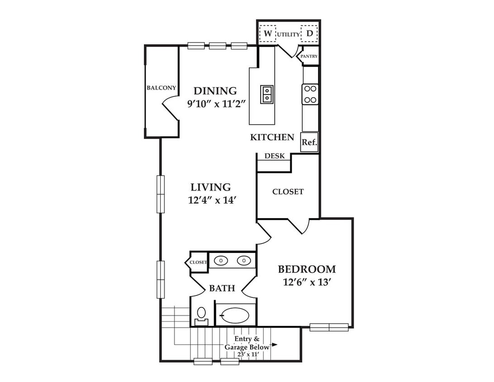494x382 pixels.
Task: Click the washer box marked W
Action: (x=267, y=33)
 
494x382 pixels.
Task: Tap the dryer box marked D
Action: (x=309, y=33)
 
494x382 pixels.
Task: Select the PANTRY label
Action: (x=309, y=56)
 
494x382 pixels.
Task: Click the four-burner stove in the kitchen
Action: (x=310, y=94)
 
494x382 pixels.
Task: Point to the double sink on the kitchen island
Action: (x=267, y=95)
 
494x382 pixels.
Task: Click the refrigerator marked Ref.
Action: (x=309, y=142)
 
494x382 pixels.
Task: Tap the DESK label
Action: (x=275, y=156)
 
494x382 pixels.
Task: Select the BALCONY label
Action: (x=161, y=88)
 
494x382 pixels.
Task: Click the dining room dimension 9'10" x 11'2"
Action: (x=216, y=104)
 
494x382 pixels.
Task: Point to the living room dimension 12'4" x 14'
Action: (x=212, y=200)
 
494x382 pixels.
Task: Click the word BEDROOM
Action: (x=307, y=269)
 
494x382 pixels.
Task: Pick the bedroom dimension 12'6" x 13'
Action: (x=307, y=282)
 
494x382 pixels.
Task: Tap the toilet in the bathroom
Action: (x=201, y=316)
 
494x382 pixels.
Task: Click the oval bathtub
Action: (x=235, y=315)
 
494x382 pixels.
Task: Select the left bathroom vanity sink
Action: (x=221, y=261)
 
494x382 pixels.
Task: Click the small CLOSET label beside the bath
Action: (x=198, y=262)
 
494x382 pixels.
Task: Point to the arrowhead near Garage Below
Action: (x=275, y=344)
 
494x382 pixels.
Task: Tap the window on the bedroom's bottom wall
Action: (x=329, y=327)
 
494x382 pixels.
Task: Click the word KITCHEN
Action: (x=272, y=137)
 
